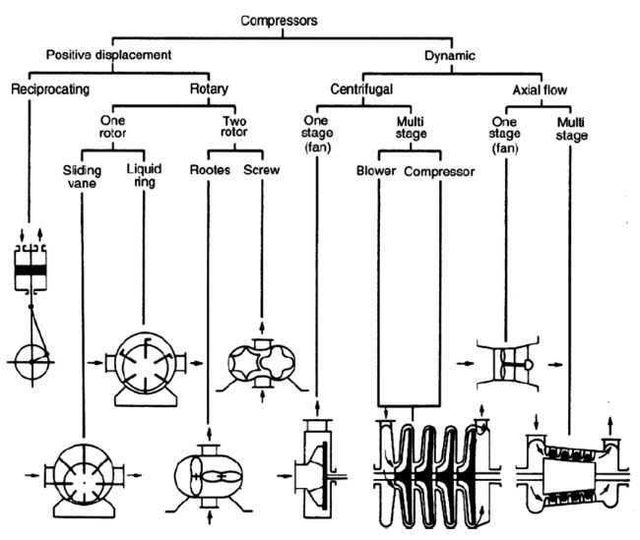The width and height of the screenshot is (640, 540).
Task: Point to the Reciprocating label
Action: (51, 89)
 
